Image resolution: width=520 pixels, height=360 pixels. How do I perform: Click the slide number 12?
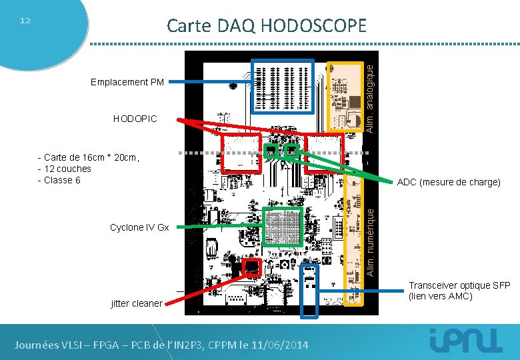click(25, 21)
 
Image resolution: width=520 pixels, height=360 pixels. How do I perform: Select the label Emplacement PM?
click(127, 83)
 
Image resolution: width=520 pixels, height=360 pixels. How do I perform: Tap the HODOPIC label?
click(135, 119)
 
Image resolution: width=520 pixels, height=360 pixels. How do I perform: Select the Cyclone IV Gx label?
click(139, 227)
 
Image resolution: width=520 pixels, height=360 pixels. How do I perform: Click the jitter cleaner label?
click(136, 303)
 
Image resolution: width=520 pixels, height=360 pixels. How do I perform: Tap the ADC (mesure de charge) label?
click(448, 182)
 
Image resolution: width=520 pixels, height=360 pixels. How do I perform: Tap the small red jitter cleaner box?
click(251, 267)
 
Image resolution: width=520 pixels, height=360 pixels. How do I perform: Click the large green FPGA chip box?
click(283, 229)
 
